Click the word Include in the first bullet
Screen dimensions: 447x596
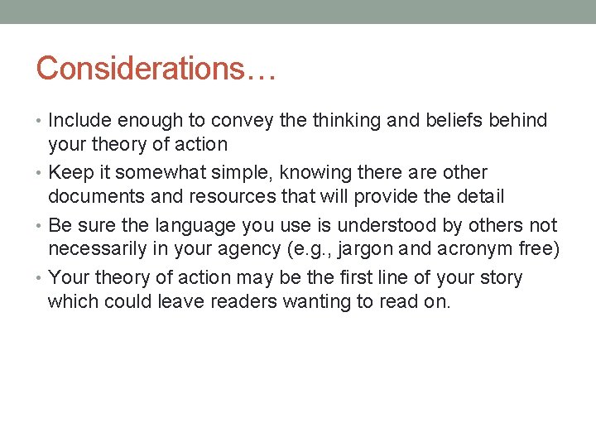click(x=79, y=121)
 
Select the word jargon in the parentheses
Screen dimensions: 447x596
click(x=389, y=249)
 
